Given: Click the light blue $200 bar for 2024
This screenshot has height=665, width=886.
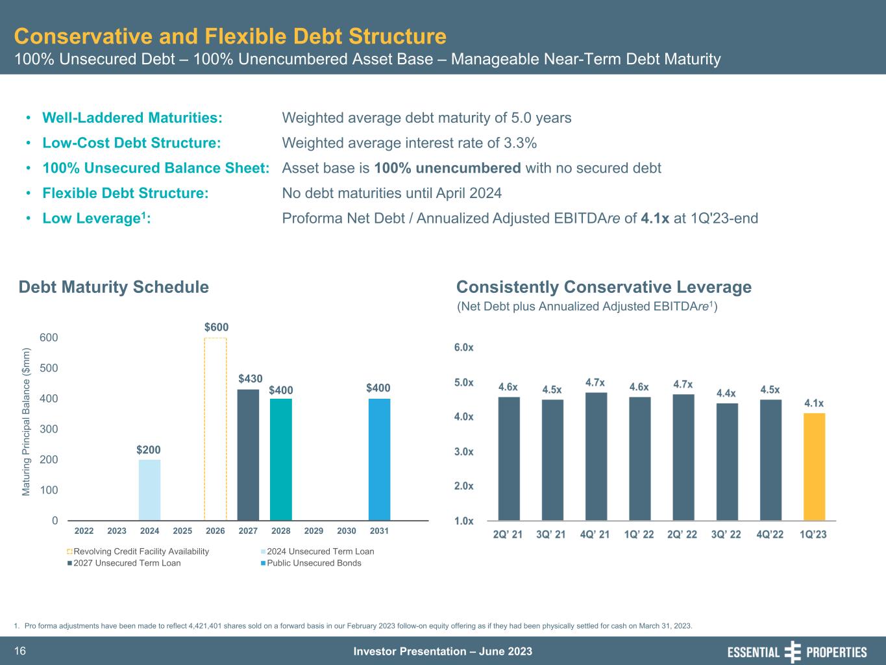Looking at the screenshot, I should [x=149, y=490].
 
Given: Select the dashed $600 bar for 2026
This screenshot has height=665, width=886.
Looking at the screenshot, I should [x=215, y=429].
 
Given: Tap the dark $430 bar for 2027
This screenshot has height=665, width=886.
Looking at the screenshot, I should [x=248, y=455].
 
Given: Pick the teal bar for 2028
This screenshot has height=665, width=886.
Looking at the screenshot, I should [x=281, y=459].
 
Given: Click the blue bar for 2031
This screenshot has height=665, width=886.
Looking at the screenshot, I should [x=379, y=459].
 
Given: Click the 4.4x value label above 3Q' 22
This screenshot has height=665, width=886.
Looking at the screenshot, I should [x=726, y=393].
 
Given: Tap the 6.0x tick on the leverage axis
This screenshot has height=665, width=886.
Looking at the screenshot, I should [x=463, y=347].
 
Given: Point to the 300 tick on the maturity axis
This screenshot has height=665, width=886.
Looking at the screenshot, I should [x=50, y=429].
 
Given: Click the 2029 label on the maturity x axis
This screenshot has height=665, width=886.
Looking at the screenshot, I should [x=314, y=531].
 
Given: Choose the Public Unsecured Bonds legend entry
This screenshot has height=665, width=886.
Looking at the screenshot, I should [x=314, y=563].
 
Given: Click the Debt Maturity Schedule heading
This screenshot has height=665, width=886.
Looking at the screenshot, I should [x=114, y=287].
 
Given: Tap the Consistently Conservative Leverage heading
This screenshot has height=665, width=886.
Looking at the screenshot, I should [x=604, y=287].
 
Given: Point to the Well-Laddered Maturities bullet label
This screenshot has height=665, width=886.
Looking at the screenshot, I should [x=132, y=118].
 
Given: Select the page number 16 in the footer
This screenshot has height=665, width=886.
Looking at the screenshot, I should [x=19, y=651].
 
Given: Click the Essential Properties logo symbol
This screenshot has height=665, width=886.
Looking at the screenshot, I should [x=793, y=651].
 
